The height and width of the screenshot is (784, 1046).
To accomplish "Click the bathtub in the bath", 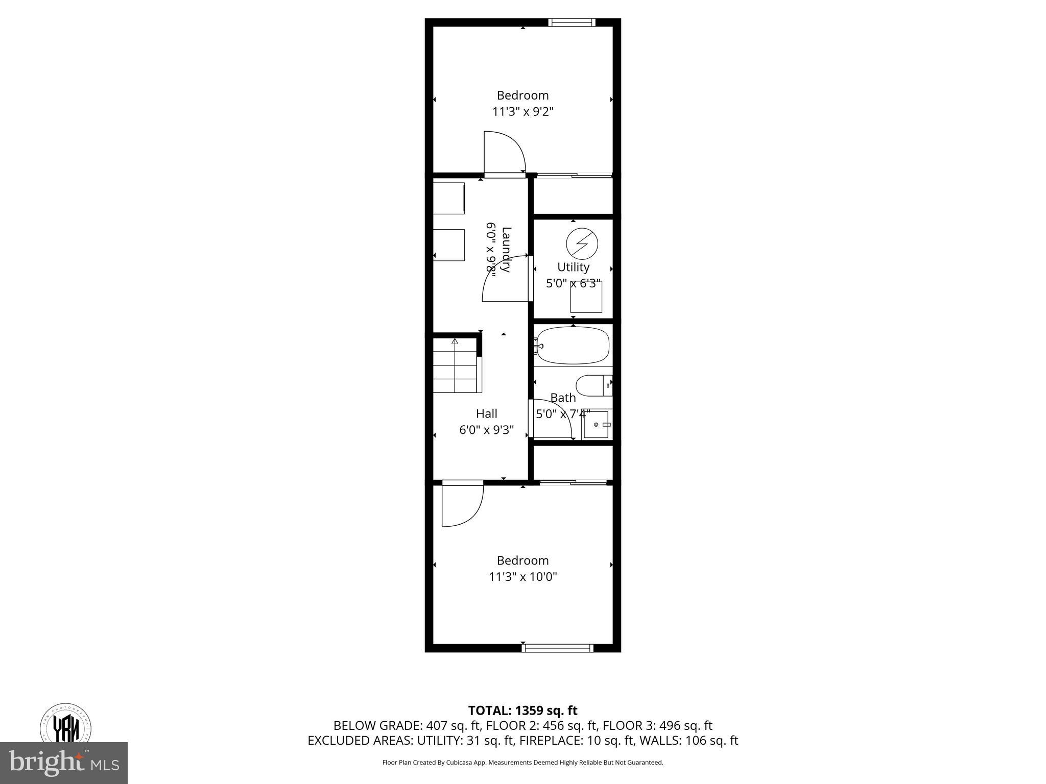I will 573,346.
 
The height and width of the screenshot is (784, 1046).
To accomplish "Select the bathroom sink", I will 597,424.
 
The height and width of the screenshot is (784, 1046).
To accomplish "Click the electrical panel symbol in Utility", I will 582,243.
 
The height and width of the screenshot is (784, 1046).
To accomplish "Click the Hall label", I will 486,413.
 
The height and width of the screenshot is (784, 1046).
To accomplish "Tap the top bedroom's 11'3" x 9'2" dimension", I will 522,112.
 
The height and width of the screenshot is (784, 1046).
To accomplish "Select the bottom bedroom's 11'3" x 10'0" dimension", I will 522,577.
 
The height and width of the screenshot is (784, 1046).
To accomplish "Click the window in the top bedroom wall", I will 572,22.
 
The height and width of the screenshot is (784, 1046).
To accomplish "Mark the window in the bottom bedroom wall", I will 557,648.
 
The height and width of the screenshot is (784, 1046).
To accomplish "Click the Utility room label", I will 573,267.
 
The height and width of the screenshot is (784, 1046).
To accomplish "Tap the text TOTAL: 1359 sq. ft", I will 522,710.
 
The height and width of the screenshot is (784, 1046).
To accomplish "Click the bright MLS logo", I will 64,763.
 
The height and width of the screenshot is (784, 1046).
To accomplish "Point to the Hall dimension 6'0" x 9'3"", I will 486,430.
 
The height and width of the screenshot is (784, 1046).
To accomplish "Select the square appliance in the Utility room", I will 586,297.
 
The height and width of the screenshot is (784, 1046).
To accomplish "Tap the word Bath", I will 563,398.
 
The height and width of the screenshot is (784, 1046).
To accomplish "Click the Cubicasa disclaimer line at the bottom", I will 522,763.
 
